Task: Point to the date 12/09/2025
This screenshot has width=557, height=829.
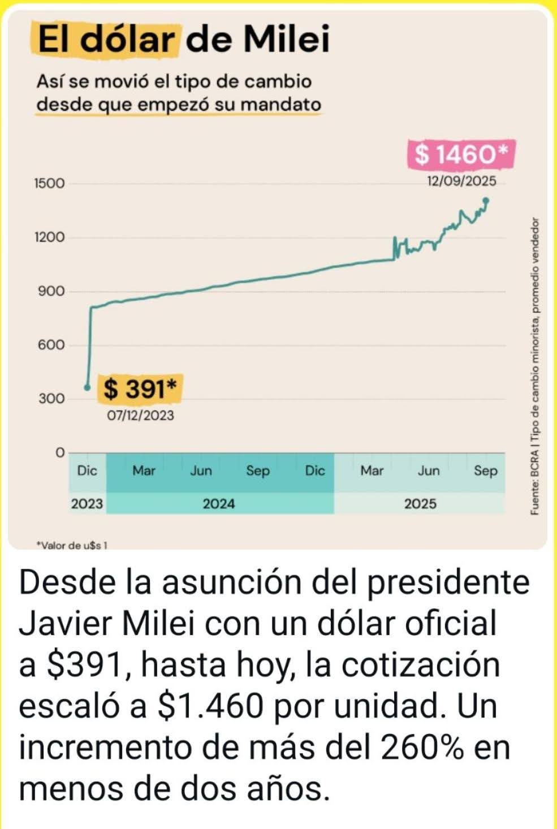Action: [x=461, y=181]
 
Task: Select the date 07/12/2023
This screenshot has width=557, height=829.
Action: [x=141, y=416]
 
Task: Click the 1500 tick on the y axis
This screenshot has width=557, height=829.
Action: [x=49, y=183]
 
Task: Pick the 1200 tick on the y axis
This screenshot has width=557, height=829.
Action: [x=49, y=237]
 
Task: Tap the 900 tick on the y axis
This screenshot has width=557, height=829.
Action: [x=51, y=291]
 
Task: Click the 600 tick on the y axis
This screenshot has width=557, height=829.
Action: [x=51, y=345]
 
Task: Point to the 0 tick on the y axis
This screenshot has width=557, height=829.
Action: [x=61, y=452]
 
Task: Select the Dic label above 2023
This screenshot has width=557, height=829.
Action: [x=87, y=470]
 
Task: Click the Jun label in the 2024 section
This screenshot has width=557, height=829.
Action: [x=201, y=470]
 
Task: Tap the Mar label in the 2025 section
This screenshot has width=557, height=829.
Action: [x=372, y=470]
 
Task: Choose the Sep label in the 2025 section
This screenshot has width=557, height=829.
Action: [x=486, y=470]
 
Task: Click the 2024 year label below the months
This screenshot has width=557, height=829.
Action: [x=219, y=503]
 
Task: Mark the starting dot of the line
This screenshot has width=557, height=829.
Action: [x=87, y=387]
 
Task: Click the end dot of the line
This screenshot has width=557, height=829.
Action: [x=486, y=200]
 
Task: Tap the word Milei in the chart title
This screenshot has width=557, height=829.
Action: [x=287, y=39]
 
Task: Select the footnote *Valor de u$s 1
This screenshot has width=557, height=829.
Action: [x=72, y=546]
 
